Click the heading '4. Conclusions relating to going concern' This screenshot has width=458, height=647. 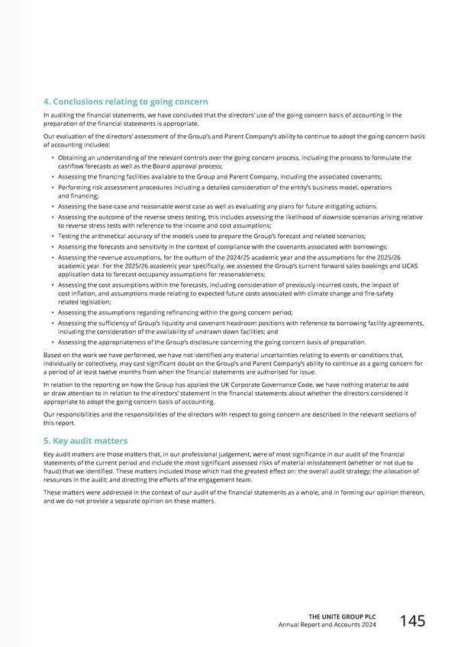pos(126,102)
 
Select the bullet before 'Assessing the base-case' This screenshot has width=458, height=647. pos(52,206)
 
